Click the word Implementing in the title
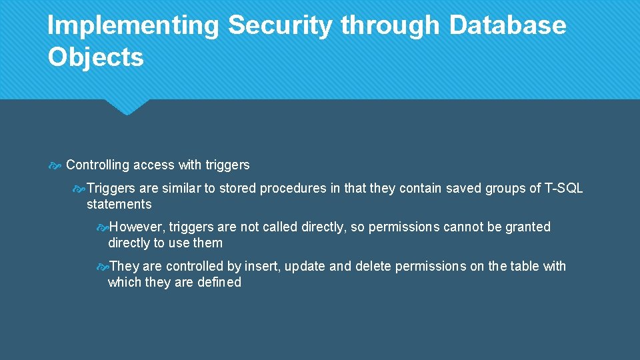(x=133, y=26)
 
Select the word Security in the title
(x=279, y=26)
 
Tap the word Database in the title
(x=507, y=26)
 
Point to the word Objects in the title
(x=95, y=57)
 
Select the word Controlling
(x=97, y=165)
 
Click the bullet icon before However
(x=102, y=227)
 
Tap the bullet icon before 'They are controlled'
(x=102, y=267)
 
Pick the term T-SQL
(x=563, y=189)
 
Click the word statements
(x=119, y=205)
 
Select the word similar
(x=181, y=189)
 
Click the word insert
(x=263, y=267)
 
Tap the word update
(x=305, y=267)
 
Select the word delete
(x=373, y=267)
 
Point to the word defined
(x=219, y=283)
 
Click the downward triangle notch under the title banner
(x=127, y=107)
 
